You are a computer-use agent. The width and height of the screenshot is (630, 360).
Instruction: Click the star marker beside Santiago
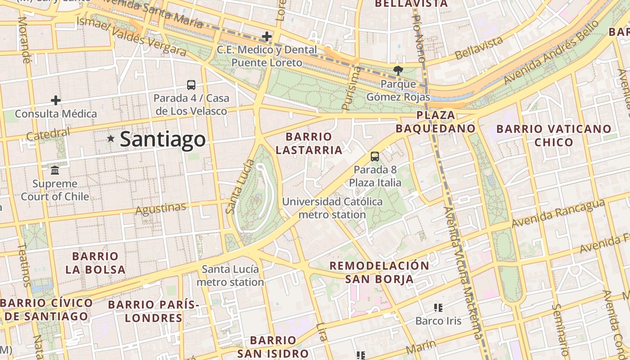click(x=111, y=139)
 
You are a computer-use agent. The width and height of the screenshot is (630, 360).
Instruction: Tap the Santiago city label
click(x=163, y=139)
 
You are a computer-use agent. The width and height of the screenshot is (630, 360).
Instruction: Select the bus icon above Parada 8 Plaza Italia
click(x=375, y=157)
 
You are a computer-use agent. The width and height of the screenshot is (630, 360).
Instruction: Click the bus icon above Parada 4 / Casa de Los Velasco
click(x=191, y=85)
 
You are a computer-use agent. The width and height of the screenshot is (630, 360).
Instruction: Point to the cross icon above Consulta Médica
click(x=56, y=100)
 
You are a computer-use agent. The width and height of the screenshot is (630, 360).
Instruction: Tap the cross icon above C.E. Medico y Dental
click(x=267, y=36)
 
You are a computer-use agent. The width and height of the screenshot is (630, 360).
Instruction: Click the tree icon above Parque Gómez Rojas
click(x=398, y=70)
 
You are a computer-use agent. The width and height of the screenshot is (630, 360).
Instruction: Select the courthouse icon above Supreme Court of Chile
click(x=55, y=171)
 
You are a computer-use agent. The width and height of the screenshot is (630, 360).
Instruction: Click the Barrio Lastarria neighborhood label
click(x=309, y=143)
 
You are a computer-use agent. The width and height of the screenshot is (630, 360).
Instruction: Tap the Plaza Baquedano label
click(x=436, y=122)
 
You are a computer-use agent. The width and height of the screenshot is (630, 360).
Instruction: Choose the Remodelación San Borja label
click(x=379, y=272)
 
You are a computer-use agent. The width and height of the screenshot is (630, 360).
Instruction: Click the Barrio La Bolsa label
click(x=95, y=263)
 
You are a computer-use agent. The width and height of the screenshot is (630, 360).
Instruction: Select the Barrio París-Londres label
click(x=154, y=311)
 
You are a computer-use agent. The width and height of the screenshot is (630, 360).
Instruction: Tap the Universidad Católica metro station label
click(x=332, y=208)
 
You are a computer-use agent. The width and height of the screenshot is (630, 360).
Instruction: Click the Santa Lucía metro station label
click(x=230, y=276)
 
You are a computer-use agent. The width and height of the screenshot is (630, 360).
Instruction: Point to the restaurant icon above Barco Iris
click(x=438, y=308)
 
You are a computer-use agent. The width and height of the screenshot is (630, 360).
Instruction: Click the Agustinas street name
click(x=161, y=209)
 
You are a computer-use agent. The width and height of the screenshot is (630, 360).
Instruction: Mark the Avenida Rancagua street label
click(x=558, y=214)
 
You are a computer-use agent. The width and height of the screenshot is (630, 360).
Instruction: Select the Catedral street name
click(x=48, y=134)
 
